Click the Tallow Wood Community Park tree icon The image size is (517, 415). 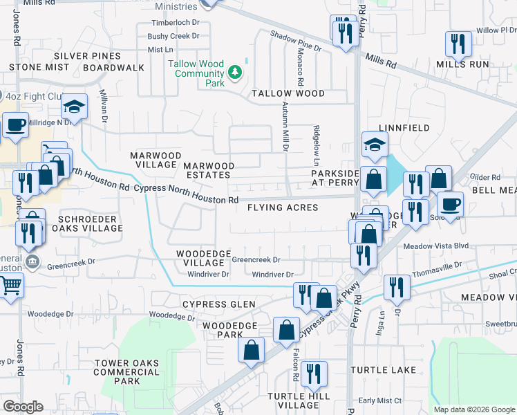[x=236, y=71]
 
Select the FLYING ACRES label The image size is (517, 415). [x=283, y=207]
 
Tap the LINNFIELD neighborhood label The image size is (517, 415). [x=404, y=128]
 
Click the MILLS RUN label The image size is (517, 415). [x=462, y=64]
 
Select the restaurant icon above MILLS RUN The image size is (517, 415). [x=458, y=44]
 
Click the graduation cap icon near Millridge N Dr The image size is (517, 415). [x=74, y=107]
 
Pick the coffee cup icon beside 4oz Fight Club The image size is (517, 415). [x=15, y=125]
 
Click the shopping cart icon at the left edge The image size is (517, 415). [x=10, y=284]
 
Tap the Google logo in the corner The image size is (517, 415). [x=23, y=407]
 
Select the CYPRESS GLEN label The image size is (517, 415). [x=218, y=304]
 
